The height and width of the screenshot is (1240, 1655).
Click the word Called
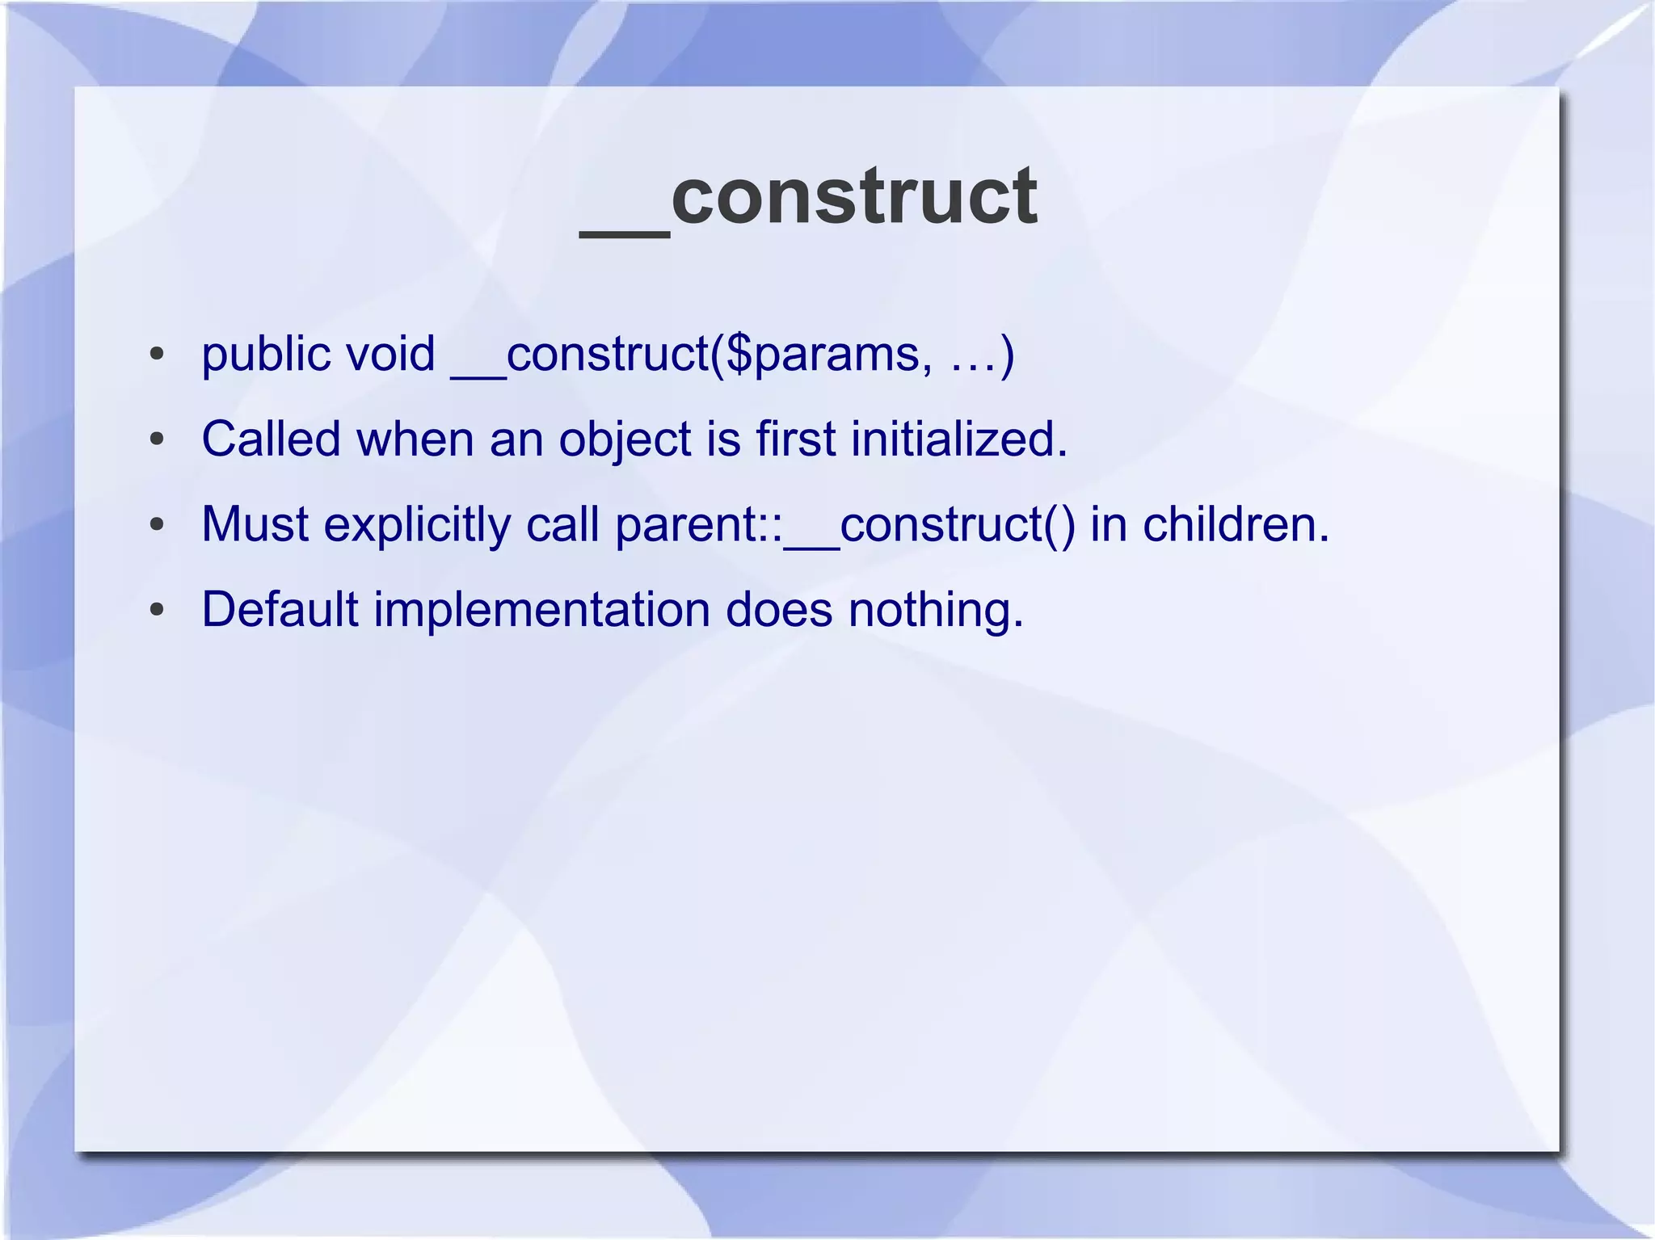(271, 439)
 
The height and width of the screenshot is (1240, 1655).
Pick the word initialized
(958, 439)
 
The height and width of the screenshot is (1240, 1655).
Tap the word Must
(255, 524)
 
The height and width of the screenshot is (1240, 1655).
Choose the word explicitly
(417, 526)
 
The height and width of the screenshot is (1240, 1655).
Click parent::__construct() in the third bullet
(844, 526)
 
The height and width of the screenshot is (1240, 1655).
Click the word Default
(280, 609)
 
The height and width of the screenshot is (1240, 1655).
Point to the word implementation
(541, 611)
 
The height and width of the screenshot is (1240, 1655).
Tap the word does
(778, 609)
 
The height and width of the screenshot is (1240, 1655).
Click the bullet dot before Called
(157, 440)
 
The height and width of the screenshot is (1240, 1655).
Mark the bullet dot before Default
(157, 610)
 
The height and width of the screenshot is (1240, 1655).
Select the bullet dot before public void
(157, 355)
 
